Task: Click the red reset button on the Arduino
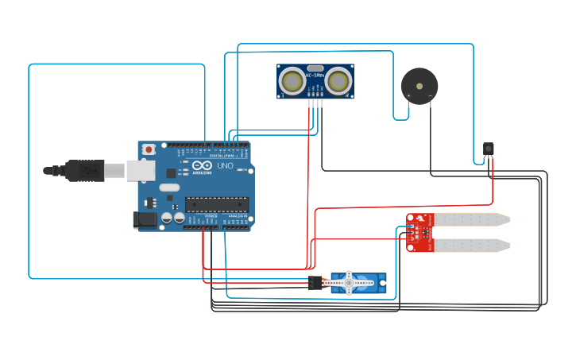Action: click(x=149, y=149)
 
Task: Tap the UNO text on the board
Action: click(x=226, y=168)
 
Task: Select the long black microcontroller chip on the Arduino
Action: click(x=216, y=204)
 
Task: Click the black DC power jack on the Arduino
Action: click(x=145, y=220)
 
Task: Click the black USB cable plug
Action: click(x=84, y=170)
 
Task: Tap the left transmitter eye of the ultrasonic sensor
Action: click(x=292, y=81)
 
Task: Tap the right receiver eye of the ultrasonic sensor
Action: click(x=338, y=81)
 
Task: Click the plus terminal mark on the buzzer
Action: click(x=408, y=96)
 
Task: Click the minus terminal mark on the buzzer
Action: click(x=430, y=96)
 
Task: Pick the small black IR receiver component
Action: click(x=488, y=149)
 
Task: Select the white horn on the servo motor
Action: click(x=348, y=281)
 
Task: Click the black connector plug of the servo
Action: click(x=315, y=282)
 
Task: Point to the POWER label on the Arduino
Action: click(x=211, y=215)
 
